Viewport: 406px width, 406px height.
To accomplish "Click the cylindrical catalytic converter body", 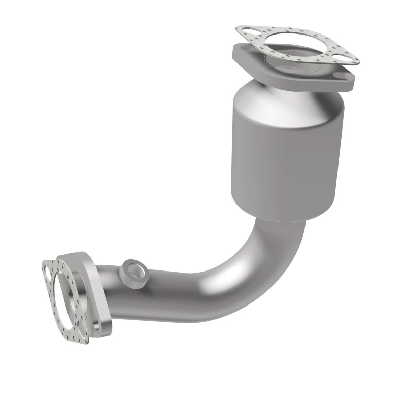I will [284, 152].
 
